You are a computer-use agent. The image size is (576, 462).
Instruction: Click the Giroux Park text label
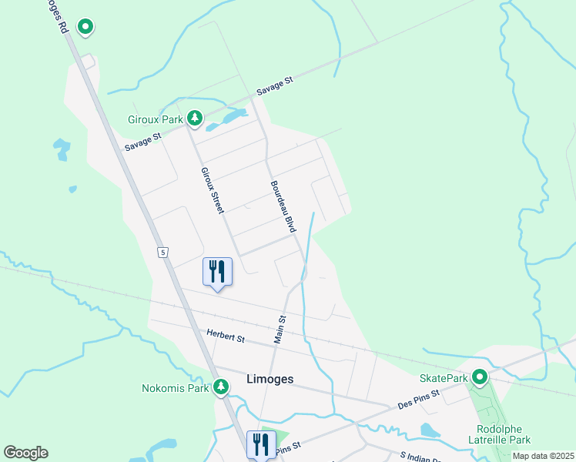[x=156, y=119]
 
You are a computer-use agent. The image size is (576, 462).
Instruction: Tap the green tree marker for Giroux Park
[x=196, y=118]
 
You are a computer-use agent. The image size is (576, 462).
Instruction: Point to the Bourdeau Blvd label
[x=283, y=206]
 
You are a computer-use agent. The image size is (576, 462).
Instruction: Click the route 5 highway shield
[x=162, y=252]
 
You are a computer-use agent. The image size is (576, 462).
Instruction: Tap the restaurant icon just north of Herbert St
[x=216, y=272]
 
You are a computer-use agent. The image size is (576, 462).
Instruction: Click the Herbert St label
[x=226, y=336]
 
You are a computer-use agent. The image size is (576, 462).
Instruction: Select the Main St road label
[x=280, y=329]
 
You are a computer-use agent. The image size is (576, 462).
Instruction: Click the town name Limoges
[x=270, y=379]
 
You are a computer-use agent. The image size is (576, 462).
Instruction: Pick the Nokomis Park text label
[x=176, y=388]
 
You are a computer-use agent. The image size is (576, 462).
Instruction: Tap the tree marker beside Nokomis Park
[x=222, y=387]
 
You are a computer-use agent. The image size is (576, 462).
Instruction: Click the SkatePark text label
[x=444, y=378]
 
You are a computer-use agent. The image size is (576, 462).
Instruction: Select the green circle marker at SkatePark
[x=480, y=377]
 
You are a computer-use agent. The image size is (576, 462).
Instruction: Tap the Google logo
[x=25, y=453]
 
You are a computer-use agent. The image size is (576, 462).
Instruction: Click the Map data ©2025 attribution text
[x=542, y=456]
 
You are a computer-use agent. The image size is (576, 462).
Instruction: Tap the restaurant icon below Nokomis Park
[x=260, y=444]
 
